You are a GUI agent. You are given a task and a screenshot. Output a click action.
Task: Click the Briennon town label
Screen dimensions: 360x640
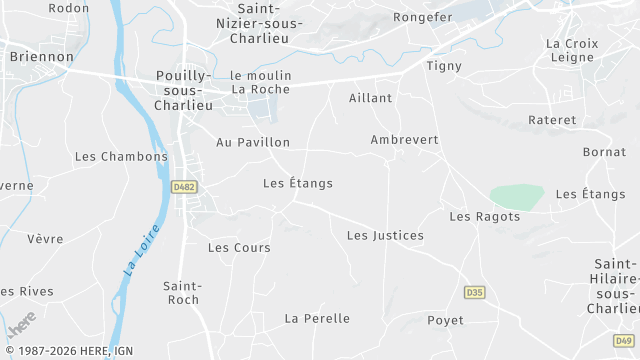(41, 57)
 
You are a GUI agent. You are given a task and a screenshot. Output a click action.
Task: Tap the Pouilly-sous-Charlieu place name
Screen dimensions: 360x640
(185, 90)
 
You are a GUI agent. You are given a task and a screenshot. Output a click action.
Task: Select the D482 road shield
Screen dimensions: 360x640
(182, 187)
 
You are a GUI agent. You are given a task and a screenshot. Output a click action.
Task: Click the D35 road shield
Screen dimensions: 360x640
(475, 292)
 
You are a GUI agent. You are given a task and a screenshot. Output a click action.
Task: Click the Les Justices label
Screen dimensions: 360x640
(385, 236)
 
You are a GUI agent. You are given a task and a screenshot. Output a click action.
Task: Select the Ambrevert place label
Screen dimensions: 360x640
(404, 140)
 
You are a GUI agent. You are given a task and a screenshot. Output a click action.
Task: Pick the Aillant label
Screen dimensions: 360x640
(370, 98)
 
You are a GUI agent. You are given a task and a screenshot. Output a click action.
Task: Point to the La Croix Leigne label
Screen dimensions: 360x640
(573, 51)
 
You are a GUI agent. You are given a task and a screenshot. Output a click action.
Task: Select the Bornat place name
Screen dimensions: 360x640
(604, 152)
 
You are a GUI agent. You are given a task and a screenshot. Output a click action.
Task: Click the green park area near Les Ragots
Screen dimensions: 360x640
(517, 196)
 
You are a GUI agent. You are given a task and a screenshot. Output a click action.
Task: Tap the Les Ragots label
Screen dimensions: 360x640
(485, 217)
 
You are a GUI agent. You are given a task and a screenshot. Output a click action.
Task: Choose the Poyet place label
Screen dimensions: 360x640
(445, 320)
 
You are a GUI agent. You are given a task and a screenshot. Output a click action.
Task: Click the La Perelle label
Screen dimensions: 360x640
(317, 319)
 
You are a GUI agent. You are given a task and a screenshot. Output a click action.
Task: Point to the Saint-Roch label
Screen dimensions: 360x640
(182, 292)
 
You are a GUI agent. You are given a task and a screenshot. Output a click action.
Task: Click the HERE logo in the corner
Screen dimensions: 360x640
(20, 327)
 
